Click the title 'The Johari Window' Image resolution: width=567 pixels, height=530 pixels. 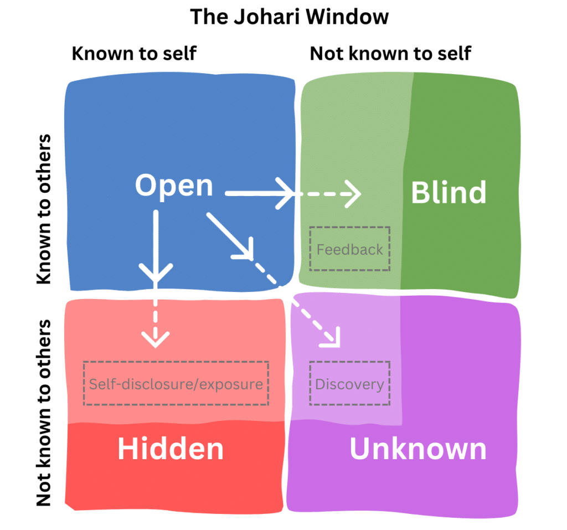click(x=289, y=17)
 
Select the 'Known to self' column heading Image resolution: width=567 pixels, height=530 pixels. click(x=134, y=54)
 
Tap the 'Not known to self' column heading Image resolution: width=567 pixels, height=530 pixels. click(x=390, y=54)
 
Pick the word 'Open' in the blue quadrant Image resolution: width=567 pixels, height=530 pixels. click(x=174, y=186)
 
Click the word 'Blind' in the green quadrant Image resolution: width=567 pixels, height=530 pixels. click(x=449, y=192)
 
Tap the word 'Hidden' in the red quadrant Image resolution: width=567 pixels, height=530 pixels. click(x=170, y=449)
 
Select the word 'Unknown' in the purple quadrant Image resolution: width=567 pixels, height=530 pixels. click(x=418, y=449)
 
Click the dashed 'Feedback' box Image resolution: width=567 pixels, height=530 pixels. click(x=350, y=249)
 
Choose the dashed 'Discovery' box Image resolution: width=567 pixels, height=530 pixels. click(x=349, y=383)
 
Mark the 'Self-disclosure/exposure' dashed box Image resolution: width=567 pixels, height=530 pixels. click(x=176, y=383)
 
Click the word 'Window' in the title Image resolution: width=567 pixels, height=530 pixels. click(x=350, y=17)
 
